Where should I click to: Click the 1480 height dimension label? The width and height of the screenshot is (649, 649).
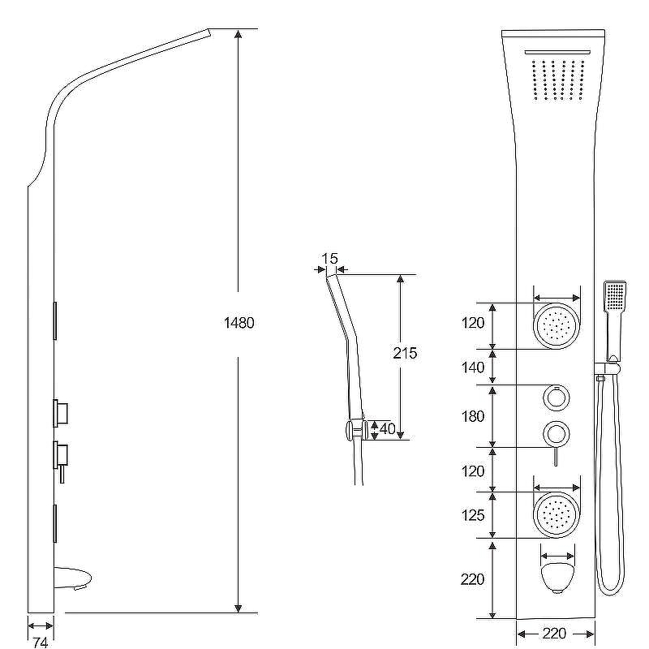coord(239,322)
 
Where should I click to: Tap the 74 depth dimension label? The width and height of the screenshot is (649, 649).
coord(40,642)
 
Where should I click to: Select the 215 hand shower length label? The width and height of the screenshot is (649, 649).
coord(405,353)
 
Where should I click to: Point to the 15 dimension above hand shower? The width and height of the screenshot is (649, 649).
coord(330,259)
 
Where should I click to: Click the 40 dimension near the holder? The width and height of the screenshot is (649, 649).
coord(388,429)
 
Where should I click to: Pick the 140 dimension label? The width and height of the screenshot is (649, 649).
coord(473,367)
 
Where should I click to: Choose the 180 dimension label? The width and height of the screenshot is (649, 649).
coord(473,416)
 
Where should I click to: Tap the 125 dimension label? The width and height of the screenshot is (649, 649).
coord(473,515)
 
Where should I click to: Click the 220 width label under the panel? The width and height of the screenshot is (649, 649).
coord(554,634)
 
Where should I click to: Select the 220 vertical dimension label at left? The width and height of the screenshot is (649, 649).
coord(472,579)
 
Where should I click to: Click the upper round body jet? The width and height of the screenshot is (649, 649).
coord(557,326)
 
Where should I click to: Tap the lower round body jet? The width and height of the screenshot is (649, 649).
coord(557,515)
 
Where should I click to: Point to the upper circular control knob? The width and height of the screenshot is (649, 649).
coord(557,398)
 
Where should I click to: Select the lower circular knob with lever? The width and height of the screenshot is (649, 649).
coord(557,439)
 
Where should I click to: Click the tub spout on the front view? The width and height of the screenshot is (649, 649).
coord(557,578)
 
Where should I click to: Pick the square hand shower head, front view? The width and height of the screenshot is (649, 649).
coord(615,296)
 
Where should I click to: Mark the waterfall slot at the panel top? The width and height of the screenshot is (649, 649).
coord(557,52)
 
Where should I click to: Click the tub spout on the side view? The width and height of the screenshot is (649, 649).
coord(73,578)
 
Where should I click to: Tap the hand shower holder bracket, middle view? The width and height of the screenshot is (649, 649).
coord(356,430)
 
